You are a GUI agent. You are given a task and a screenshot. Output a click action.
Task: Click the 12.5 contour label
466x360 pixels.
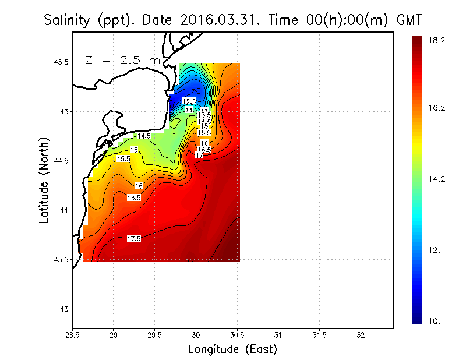[x=189, y=102]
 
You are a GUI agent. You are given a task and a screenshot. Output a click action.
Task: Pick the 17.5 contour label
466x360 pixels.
[x=134, y=238]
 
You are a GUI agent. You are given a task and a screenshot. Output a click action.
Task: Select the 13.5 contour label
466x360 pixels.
[x=204, y=115]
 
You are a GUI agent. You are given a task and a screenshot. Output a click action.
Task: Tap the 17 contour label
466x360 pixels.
[x=199, y=156]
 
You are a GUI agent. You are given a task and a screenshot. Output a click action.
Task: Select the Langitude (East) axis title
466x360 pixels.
[x=232, y=350]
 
